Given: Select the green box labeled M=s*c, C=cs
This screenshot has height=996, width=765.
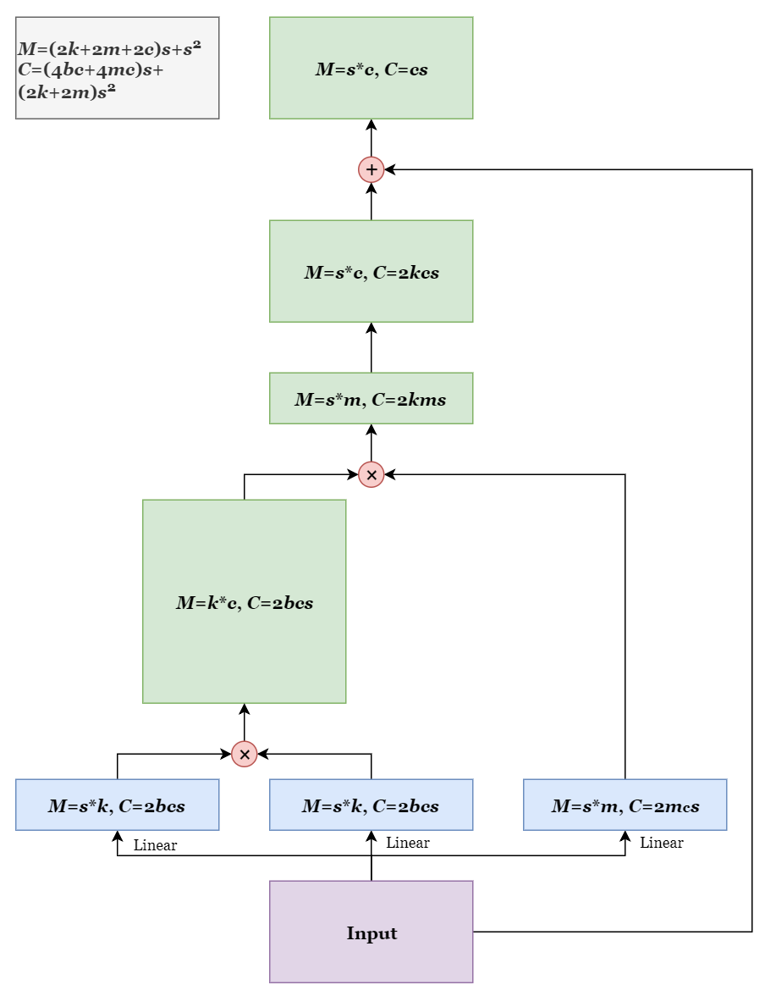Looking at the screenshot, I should pos(371,68).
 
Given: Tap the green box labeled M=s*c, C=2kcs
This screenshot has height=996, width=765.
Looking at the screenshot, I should pos(371,271).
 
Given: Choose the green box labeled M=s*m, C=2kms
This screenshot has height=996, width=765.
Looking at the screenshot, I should pos(371,398).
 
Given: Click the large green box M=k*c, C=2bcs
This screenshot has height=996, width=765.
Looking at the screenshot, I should pos(244,601).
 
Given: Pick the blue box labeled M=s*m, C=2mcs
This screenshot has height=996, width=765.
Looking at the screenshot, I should pos(625,805).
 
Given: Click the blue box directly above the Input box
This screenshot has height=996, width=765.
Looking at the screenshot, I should pos(371,805).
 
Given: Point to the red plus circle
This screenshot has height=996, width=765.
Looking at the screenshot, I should pos(371,169).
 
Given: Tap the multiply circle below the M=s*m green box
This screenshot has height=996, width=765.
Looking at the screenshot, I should pos(371,474).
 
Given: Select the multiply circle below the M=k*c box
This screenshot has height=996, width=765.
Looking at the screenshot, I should pos(244,754).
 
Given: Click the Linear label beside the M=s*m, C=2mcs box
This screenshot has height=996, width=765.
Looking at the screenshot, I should pos(661,843).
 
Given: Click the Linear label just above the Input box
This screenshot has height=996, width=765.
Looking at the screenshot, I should pos(407,843).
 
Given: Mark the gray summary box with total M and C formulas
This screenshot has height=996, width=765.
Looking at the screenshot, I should pos(117,68).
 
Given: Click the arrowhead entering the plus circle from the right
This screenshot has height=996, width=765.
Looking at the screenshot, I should pos(391,169).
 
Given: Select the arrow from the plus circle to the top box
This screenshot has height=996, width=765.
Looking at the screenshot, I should pos(371,137).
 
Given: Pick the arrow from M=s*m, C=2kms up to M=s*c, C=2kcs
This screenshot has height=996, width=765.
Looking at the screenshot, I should pos(371,347).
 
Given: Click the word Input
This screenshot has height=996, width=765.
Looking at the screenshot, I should pos(371,933).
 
